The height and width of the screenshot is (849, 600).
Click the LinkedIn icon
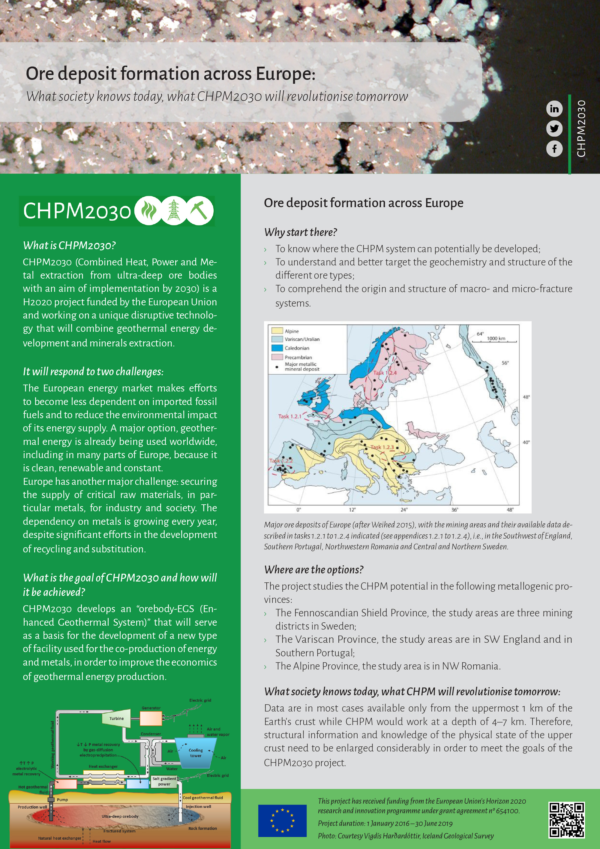(x=554, y=109)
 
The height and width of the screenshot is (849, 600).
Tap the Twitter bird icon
(x=554, y=129)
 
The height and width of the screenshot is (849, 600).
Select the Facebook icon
(x=554, y=149)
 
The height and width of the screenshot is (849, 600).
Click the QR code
(x=566, y=820)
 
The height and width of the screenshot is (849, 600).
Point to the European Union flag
(x=282, y=820)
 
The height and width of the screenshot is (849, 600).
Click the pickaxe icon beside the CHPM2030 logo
(x=199, y=211)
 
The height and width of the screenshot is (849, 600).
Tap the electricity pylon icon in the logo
(x=174, y=211)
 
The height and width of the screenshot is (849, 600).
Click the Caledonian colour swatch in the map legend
(x=277, y=348)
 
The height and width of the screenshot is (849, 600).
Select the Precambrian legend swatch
(x=277, y=357)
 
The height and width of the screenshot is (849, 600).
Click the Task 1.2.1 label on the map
(x=290, y=416)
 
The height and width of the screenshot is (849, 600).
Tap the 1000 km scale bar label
(x=496, y=338)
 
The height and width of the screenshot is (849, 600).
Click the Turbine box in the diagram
(x=116, y=718)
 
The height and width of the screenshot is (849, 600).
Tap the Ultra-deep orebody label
(x=120, y=816)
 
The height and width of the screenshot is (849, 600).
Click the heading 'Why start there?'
(x=300, y=232)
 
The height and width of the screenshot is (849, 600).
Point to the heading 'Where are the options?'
(x=314, y=570)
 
